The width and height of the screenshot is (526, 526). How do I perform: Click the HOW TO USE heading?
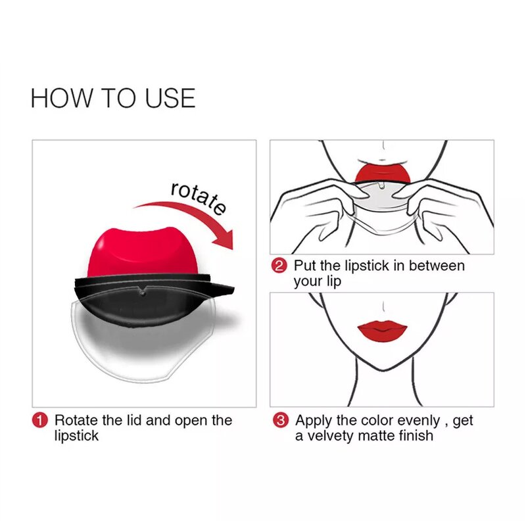[x=113, y=98]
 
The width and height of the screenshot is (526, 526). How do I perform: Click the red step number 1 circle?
[x=41, y=420]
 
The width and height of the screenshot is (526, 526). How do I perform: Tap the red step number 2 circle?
[x=280, y=266]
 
